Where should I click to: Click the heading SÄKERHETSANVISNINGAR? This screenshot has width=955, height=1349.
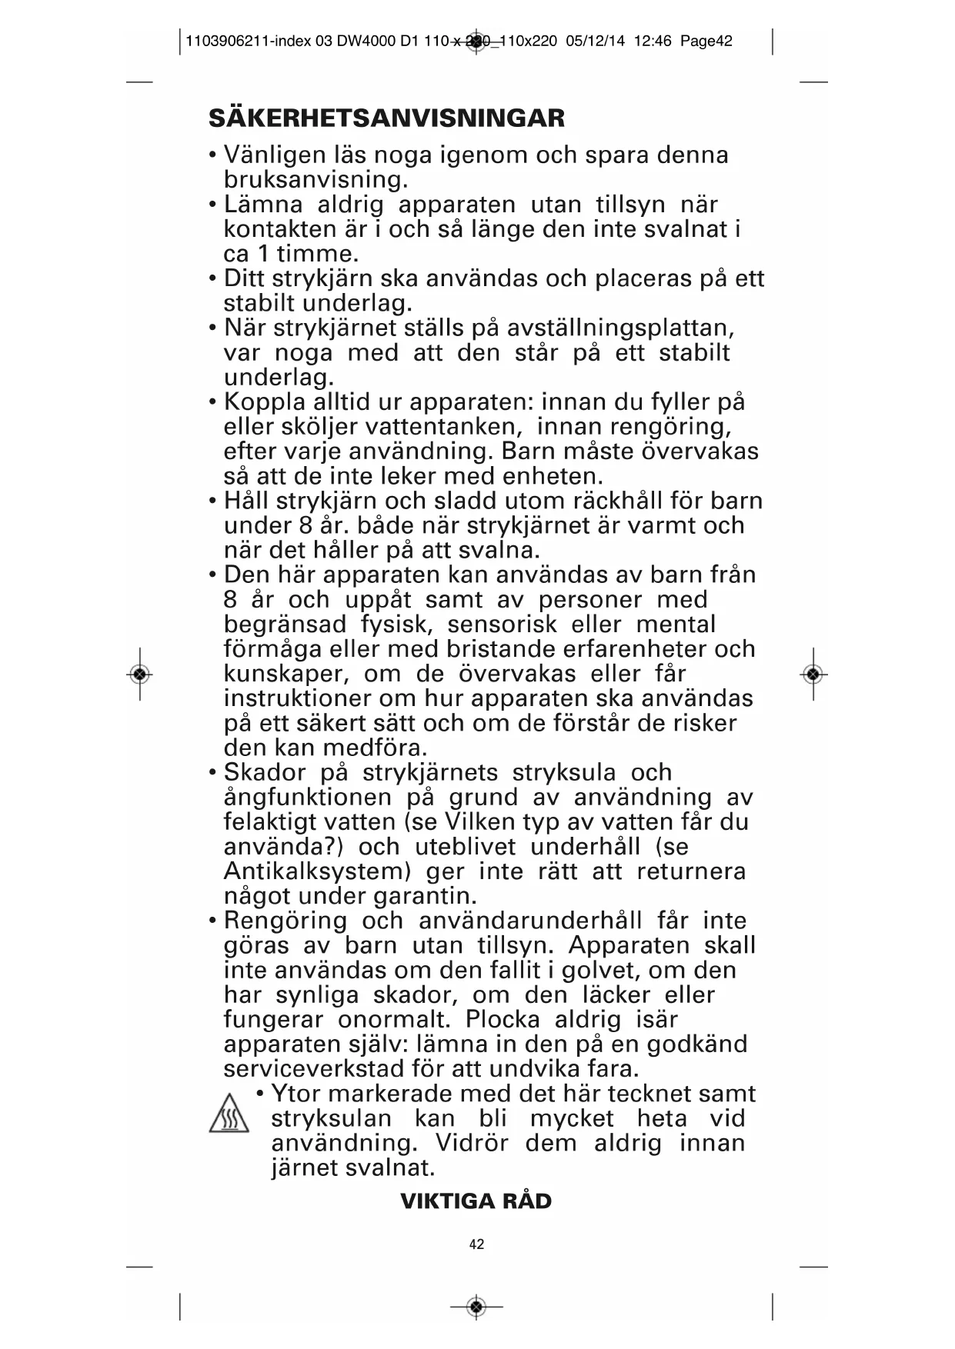(386, 118)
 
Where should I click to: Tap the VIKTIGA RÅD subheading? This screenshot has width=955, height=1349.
(476, 1201)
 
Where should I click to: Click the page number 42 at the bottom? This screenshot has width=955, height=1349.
(476, 1244)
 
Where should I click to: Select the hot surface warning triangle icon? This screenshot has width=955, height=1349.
(229, 1114)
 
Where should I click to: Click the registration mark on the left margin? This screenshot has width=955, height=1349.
(139, 674)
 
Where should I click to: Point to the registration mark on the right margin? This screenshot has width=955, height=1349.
(813, 674)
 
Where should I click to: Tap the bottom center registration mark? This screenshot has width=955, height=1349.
(476, 1306)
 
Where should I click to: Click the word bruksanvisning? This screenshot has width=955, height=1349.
(315, 180)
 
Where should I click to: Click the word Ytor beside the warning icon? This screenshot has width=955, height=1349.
(296, 1094)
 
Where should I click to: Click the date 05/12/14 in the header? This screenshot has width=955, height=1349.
(595, 42)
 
